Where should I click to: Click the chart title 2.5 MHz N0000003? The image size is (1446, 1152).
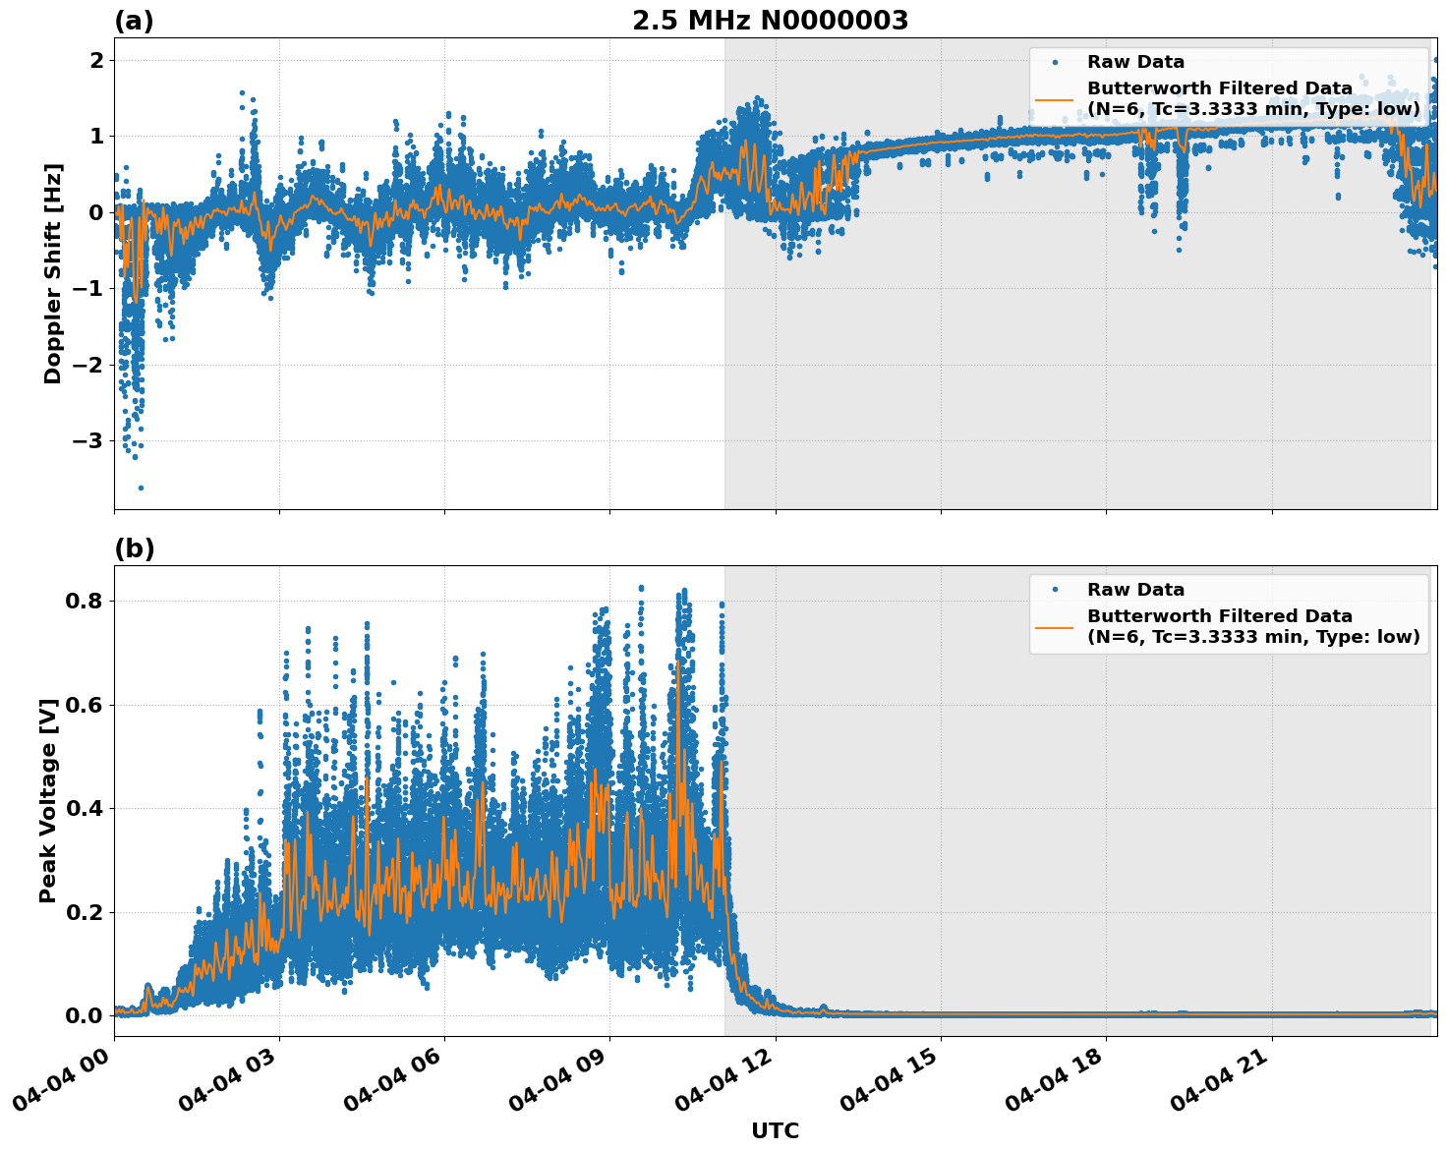tap(770, 21)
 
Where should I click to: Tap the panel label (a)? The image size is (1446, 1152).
tap(134, 21)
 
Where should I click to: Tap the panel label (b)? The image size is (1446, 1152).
tap(134, 548)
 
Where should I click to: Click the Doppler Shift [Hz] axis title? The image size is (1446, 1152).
tap(53, 273)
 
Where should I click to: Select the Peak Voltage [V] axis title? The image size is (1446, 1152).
tap(48, 800)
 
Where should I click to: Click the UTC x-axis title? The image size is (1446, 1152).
tap(775, 1130)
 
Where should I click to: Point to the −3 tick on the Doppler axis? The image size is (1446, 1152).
tap(87, 440)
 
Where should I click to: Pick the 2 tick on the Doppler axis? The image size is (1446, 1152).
tap(96, 61)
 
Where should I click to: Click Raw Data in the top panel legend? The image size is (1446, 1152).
tap(1135, 62)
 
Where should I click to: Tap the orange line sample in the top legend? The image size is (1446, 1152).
tap(1054, 98)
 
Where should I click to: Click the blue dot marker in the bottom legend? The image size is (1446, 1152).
tap(1054, 590)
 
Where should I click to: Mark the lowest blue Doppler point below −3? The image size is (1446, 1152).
tap(141, 488)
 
